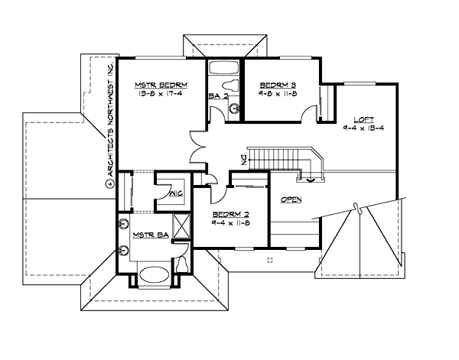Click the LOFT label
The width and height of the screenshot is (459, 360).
(x=363, y=119)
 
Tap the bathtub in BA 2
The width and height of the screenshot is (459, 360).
(x=225, y=66)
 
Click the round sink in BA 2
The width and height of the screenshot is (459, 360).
(x=233, y=110)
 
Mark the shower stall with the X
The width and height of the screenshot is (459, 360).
(x=182, y=227)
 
